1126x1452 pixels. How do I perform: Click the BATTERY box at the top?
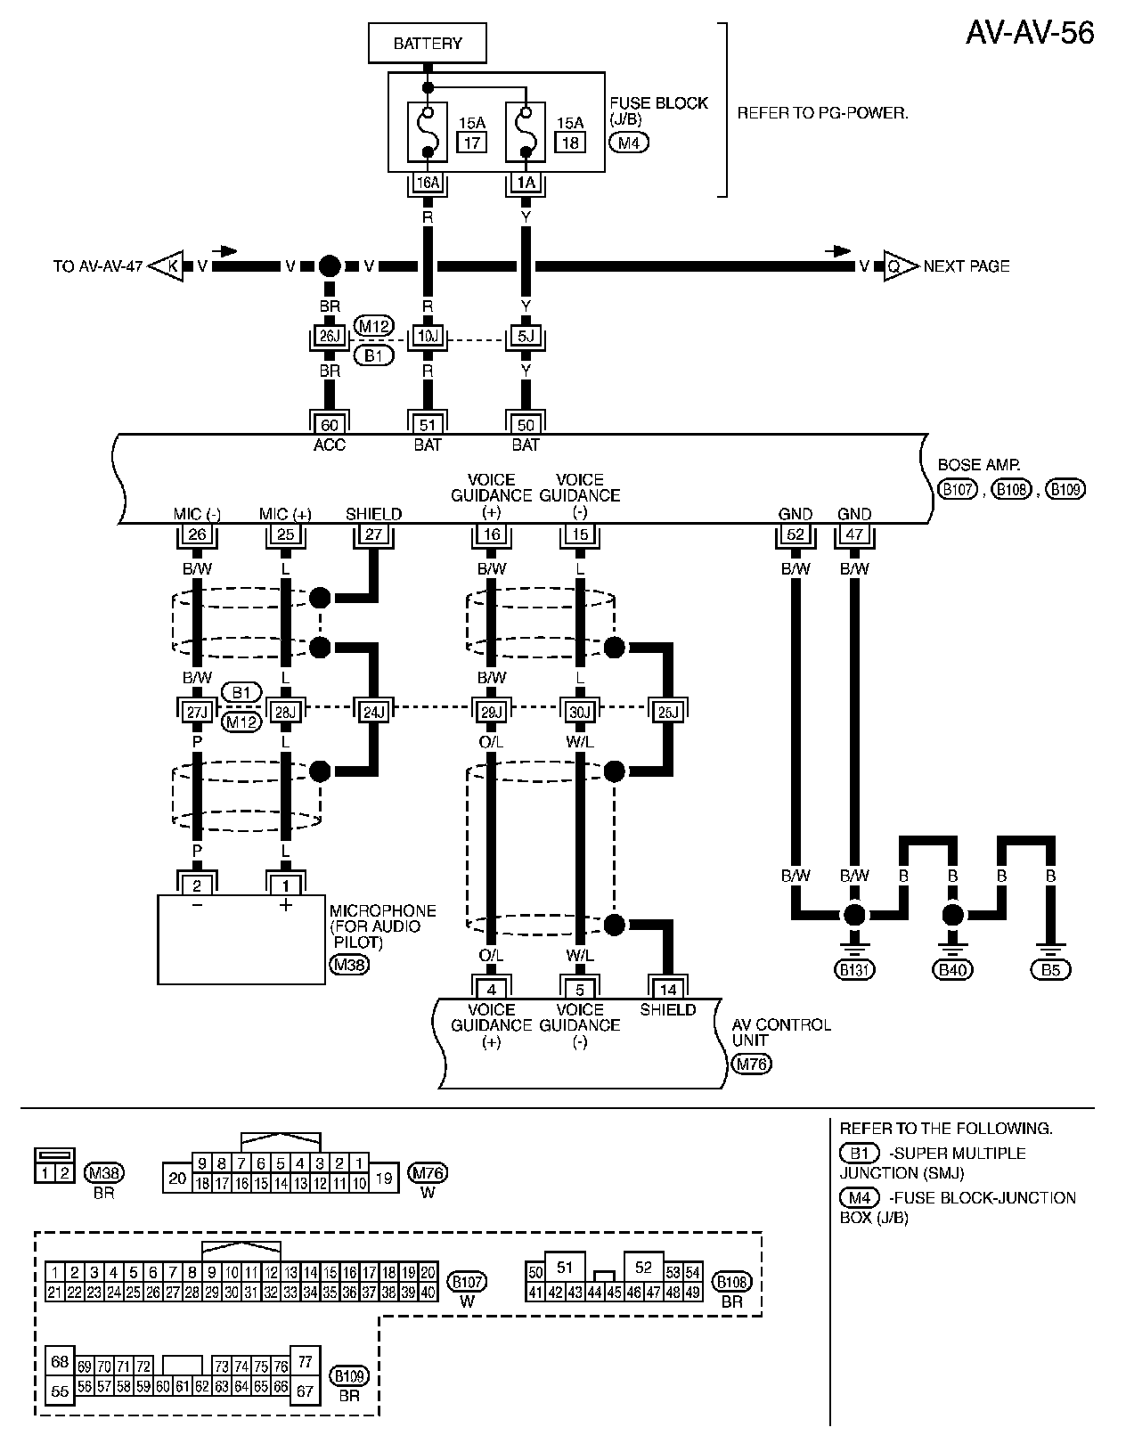pos(428,43)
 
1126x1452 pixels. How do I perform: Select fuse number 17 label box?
pos(472,142)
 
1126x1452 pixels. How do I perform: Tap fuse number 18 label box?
pos(570,142)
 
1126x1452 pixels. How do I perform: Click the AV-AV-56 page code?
pos(1030,32)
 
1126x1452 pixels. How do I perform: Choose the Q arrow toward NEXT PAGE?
pos(898,265)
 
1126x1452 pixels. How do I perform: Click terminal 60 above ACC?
pos(330,425)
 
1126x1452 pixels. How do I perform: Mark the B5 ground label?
pos(1051,969)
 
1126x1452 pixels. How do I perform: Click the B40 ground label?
pos(953,969)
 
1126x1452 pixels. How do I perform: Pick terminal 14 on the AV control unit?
pos(668,989)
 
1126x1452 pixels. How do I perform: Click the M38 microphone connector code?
pos(349,964)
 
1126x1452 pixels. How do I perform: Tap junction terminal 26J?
pos(330,336)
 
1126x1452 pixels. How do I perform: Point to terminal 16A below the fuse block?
pos(428,183)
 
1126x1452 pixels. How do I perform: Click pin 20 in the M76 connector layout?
pos(177,1178)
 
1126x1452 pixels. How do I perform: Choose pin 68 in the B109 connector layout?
pos(60,1361)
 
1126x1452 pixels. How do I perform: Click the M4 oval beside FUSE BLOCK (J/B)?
pos(629,142)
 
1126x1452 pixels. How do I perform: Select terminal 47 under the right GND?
pos(854,534)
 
